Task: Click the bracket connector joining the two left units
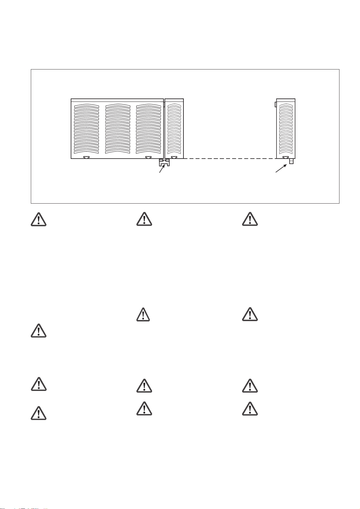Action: (164, 163)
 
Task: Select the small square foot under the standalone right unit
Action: (291, 162)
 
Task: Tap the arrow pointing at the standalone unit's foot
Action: (281, 168)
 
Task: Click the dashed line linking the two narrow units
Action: (230, 158)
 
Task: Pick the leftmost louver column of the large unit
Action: (86, 128)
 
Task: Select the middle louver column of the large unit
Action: (118, 128)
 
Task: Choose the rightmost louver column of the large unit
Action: (148, 128)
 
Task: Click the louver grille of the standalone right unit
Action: (286, 128)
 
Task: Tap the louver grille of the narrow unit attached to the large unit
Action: (174, 128)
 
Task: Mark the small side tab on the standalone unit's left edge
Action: (275, 104)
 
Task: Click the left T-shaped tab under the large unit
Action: (86, 157)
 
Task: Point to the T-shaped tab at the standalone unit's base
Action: (285, 157)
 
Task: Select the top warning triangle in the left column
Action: (38, 220)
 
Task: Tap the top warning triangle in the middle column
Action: (144, 220)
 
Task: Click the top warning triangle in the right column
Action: (250, 220)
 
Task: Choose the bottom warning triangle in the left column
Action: (38, 413)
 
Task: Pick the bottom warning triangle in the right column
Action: (250, 409)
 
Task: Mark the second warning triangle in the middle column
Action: (144, 315)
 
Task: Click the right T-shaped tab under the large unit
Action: (148, 157)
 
